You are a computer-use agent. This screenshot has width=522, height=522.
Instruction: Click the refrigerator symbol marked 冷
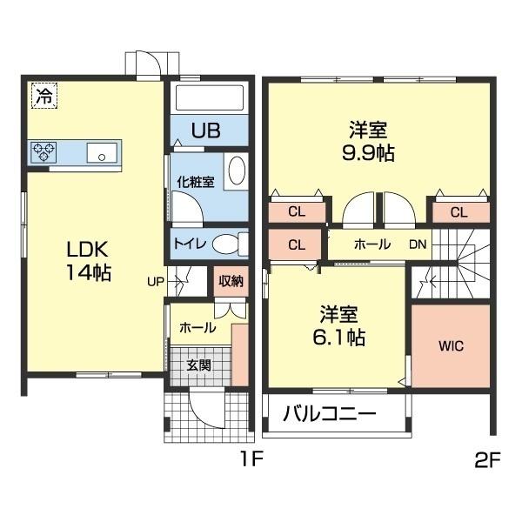pos(43,95)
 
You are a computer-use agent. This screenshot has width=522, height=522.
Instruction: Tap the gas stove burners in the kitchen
pos(43,152)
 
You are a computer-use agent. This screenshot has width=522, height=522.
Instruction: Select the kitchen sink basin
pos(103,154)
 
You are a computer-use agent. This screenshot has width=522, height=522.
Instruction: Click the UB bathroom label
pos(205,130)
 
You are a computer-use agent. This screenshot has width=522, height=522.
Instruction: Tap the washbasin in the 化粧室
pos(236,171)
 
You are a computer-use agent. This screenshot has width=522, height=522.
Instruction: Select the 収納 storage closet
pos(231,280)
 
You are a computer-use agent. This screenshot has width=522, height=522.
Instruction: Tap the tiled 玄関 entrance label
pos(198,365)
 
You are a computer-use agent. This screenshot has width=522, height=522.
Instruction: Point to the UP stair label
pos(155,281)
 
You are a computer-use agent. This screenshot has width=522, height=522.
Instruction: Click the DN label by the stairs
pos(418,244)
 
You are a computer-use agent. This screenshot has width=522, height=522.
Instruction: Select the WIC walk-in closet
pos(451,345)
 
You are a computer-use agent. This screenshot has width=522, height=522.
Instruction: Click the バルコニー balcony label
pos(329,413)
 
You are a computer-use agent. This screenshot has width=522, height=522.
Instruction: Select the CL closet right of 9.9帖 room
pos(458,211)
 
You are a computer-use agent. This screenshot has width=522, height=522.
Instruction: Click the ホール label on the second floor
pos(371,244)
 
